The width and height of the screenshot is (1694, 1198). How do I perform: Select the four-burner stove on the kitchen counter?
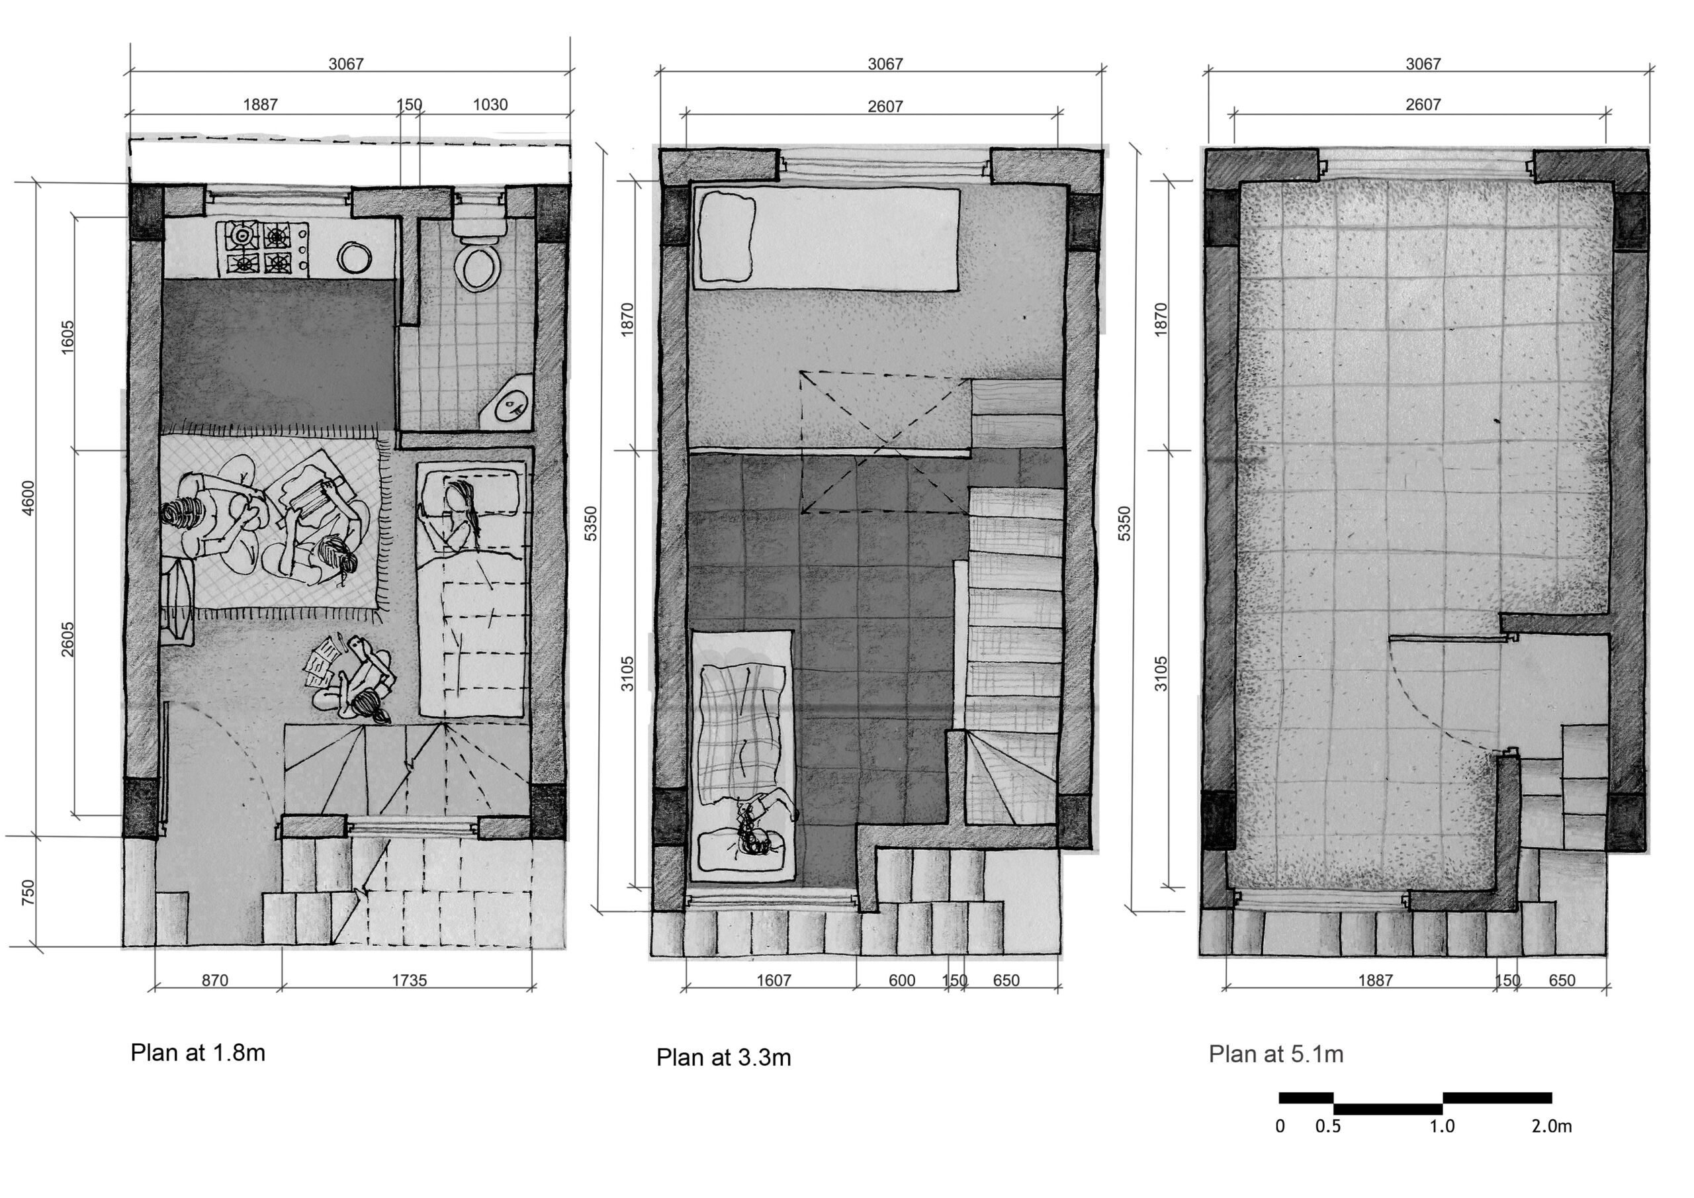coord(263,248)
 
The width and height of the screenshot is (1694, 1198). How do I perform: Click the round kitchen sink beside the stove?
coord(355,257)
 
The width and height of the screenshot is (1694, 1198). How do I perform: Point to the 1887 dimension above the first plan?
coord(261,105)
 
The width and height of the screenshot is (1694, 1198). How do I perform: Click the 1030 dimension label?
coord(490,105)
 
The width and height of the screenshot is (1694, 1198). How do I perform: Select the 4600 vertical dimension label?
coord(28,498)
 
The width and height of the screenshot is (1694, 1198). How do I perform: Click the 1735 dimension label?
coord(409,980)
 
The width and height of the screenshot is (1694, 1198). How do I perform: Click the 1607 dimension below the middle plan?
coord(774,980)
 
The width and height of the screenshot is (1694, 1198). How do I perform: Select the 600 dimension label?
coord(902,980)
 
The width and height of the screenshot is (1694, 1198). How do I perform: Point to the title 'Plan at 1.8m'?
coord(198,1052)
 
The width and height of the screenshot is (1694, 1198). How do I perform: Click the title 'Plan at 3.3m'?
coord(724,1058)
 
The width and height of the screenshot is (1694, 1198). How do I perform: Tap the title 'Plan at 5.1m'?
coord(1276,1054)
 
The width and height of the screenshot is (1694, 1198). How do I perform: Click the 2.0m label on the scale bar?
coord(1552,1127)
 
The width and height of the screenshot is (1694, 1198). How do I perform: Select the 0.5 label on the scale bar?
coord(1328,1127)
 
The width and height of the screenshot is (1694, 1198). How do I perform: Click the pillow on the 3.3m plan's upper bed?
coord(727,236)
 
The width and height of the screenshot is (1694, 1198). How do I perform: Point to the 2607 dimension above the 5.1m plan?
coord(1423,105)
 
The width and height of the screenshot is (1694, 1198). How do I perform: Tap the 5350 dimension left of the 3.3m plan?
coord(591,524)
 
